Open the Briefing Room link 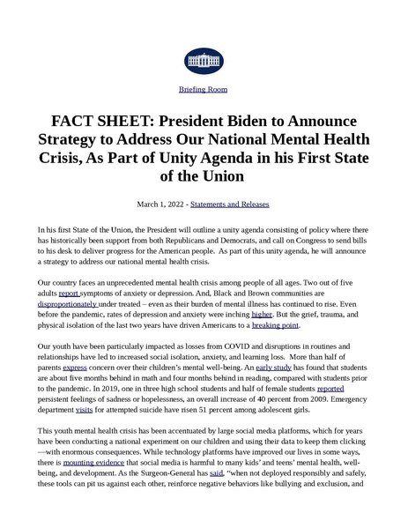point(204,91)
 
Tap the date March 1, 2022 point(160,204)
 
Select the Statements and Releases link point(230,204)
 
